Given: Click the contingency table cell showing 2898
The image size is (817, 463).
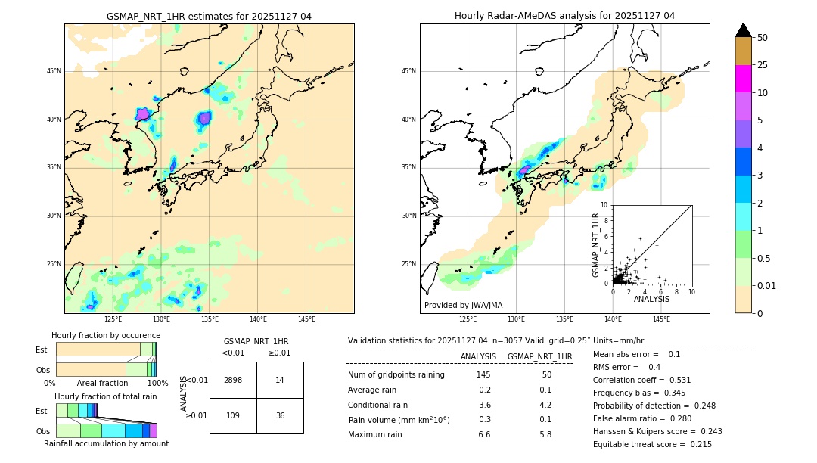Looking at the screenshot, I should coord(233,381).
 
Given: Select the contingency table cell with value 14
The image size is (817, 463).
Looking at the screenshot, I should coord(280,381).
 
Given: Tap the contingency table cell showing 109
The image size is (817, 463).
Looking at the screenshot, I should coord(233,416).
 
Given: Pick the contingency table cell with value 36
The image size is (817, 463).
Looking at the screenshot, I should coord(280,416).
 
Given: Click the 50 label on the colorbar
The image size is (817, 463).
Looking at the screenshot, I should coord(763,38).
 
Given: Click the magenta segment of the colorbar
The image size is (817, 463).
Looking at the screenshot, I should coord(743,79).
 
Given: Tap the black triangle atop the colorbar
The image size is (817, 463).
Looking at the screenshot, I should coord(743,30).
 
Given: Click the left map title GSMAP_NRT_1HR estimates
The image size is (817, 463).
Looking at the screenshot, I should coord(209,16).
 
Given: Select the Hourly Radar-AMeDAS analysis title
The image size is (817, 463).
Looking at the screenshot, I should coord(564,16).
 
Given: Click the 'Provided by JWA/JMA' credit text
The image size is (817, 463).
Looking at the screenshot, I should coord(463,306).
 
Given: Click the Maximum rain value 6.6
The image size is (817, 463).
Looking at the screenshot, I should coord(484,434).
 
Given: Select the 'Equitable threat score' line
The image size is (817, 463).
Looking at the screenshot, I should coord(652,444).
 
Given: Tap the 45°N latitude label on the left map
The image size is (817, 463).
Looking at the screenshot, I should coord(54,71).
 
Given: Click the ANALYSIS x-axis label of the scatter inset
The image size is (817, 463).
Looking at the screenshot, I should coord(651,299).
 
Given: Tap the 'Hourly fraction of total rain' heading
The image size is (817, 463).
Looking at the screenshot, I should coord(105,396).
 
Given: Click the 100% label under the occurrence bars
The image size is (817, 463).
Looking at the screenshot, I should coord(157,384).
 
